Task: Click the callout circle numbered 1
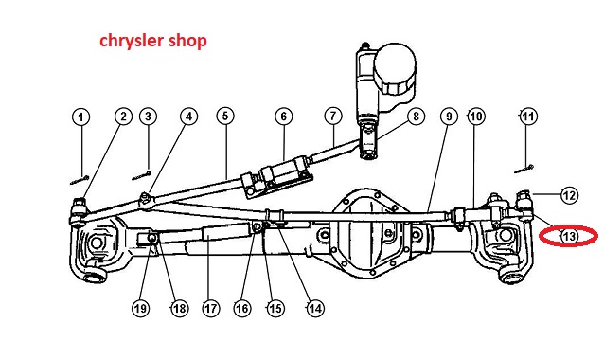click(80, 117)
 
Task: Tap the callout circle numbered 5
click(225, 116)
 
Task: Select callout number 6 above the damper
click(284, 117)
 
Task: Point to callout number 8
click(416, 116)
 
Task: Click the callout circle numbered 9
click(449, 116)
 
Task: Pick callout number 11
click(528, 116)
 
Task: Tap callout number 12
click(570, 195)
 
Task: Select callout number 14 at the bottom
click(315, 308)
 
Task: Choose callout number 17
click(211, 308)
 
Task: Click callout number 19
click(140, 308)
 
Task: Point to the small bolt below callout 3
click(141, 176)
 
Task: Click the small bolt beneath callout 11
click(524, 169)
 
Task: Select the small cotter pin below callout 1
click(80, 180)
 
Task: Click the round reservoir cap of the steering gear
click(396, 69)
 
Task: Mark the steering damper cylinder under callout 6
click(277, 177)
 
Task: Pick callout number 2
click(123, 116)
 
